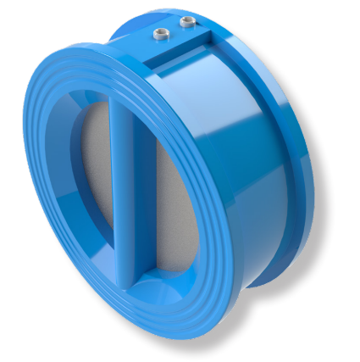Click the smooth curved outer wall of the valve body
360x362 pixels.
pos(254,161)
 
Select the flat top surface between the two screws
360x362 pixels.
pos(173,29)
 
